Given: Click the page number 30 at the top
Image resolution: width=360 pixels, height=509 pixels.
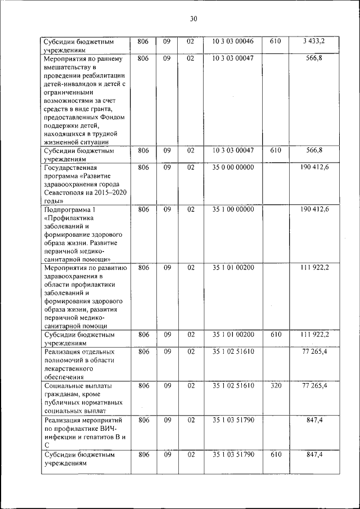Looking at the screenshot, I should click(193, 19).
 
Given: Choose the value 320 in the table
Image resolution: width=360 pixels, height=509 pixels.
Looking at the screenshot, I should click(276, 385).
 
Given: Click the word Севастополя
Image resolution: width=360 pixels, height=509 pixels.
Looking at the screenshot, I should click(66, 192).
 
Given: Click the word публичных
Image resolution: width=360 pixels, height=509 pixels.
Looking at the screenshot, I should click(65, 403).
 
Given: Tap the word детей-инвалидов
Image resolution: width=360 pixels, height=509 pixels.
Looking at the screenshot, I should click(70, 83).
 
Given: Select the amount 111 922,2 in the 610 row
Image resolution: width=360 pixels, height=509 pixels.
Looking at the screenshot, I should click(314, 335).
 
